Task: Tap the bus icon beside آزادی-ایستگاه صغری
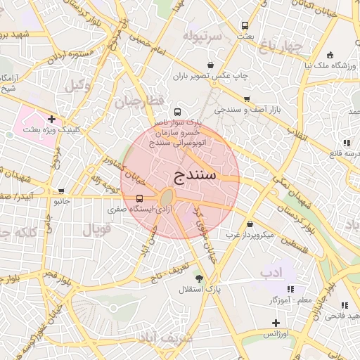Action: point(139,199)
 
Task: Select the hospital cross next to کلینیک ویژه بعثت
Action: point(51,120)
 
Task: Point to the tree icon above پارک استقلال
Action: point(198,278)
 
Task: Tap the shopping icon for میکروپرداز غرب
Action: point(250,224)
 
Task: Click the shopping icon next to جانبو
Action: point(62,191)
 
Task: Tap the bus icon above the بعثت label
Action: point(245,25)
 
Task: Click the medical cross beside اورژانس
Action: point(275,323)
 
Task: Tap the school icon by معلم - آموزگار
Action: point(290,289)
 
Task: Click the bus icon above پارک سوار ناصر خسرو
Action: point(176,112)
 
